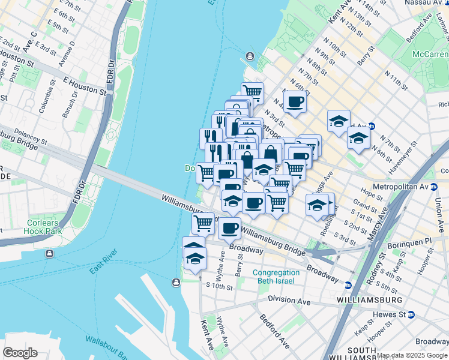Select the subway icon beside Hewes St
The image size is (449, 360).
click(x=411, y=314)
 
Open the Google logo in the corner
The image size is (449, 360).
click(x=20, y=353)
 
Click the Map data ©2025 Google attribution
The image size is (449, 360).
click(x=412, y=355)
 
